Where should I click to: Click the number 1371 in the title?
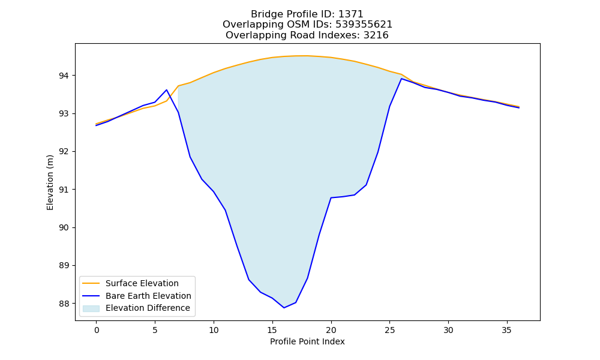[x=350, y=14]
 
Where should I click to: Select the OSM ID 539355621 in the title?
[x=364, y=25]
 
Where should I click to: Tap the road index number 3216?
[x=376, y=35]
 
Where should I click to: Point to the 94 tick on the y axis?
[x=63, y=76]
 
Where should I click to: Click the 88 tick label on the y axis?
[x=63, y=304]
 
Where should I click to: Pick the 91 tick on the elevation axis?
[x=63, y=190]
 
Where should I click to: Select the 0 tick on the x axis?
[x=97, y=330]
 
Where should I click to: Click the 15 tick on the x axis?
[x=272, y=330]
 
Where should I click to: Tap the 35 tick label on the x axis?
[x=506, y=330]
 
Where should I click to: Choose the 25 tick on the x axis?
[x=389, y=330]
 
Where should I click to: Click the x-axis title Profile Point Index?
[x=307, y=341]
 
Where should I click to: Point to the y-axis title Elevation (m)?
[x=50, y=182]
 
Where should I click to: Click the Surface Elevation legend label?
[x=142, y=283]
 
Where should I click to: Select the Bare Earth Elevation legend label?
[x=148, y=296]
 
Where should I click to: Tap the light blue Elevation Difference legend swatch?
[x=91, y=308]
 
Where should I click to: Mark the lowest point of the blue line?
[x=284, y=308]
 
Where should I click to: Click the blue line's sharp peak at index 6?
[x=166, y=90]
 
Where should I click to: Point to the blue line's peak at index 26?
[x=401, y=79]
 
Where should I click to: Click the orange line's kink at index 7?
[x=178, y=86]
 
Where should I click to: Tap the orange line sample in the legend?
[x=91, y=283]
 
